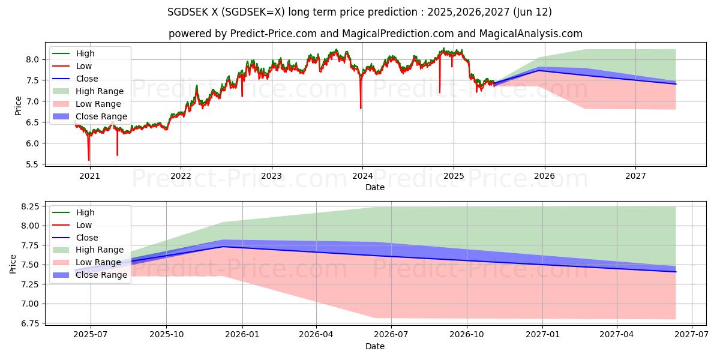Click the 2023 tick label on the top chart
(271, 176)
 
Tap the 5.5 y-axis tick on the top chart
(34, 164)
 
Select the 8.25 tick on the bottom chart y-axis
(30, 206)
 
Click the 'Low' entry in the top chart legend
(85, 66)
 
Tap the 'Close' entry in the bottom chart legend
(87, 238)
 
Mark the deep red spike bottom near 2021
(89, 160)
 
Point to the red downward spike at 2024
(361, 108)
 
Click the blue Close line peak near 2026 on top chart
(539, 70)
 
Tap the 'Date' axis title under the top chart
(375, 187)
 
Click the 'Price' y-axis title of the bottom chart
(13, 264)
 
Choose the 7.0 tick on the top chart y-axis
(34, 101)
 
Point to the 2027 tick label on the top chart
(635, 176)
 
